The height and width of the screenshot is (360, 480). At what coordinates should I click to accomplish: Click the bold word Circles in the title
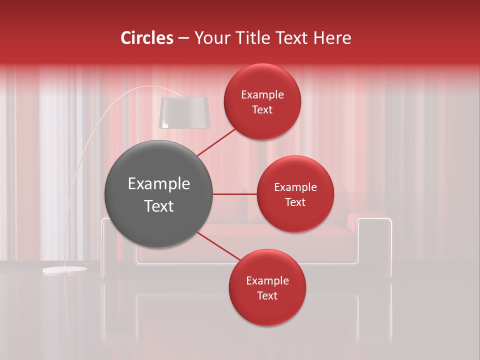pos(147,38)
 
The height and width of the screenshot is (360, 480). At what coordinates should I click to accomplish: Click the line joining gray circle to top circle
pos(216,142)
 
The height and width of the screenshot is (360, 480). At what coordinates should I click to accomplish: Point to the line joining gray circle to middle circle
pos(234,194)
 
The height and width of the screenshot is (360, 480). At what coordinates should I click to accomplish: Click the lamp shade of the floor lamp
pos(184,112)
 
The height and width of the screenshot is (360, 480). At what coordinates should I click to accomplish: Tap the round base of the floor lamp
pos(64,270)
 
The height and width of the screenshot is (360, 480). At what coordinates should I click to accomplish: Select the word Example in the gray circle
pos(159,184)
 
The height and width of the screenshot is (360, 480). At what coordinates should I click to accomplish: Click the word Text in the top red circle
pos(262,110)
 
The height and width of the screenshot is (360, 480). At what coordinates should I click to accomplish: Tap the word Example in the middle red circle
pos(295,187)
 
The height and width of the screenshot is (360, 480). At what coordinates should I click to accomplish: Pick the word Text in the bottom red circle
pos(267,296)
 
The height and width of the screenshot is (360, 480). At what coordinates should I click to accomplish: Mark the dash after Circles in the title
pos(183,38)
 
